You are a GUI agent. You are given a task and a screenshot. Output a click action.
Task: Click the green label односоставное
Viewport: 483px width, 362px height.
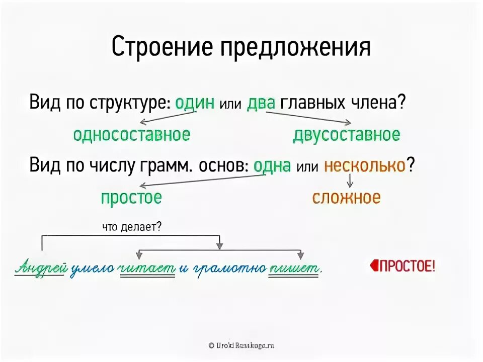(x=131, y=134)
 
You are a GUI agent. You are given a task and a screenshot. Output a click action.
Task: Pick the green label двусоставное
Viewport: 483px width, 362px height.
(x=346, y=134)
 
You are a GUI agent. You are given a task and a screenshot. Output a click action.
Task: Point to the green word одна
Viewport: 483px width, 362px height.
(x=272, y=165)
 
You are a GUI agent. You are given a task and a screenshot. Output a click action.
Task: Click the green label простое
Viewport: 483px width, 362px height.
(x=131, y=197)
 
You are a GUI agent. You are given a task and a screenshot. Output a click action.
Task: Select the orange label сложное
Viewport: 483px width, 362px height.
(x=346, y=197)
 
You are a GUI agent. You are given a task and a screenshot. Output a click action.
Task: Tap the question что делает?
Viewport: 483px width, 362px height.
(x=131, y=227)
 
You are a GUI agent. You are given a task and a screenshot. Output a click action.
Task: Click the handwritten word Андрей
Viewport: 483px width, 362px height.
(x=40, y=268)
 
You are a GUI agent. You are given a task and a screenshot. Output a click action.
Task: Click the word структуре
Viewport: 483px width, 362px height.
(x=130, y=103)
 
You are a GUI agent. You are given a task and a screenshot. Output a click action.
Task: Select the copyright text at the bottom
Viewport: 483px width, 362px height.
(x=242, y=345)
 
